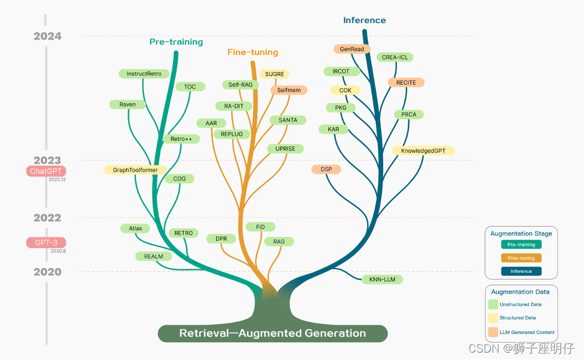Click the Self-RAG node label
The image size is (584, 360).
239,85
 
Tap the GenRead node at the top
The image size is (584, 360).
352,49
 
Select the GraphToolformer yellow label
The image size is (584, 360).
135,170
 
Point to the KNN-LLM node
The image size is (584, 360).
382,280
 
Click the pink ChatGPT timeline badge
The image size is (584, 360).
46,171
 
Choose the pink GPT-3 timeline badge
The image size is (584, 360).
46,243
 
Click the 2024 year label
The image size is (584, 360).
48,36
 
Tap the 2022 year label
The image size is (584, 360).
48,217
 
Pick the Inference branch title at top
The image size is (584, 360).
365,20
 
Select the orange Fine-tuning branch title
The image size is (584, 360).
253,52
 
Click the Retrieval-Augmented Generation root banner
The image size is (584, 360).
273,333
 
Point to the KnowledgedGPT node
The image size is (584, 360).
423,151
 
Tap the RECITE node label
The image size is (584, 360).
406,83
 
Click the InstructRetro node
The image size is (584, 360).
144,74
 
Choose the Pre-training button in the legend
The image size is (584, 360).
522,245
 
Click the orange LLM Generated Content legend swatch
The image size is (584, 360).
493,332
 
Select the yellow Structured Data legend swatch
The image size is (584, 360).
493,318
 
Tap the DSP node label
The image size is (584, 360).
326,169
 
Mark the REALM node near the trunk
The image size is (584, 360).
154,256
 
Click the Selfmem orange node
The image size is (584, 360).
289,90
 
